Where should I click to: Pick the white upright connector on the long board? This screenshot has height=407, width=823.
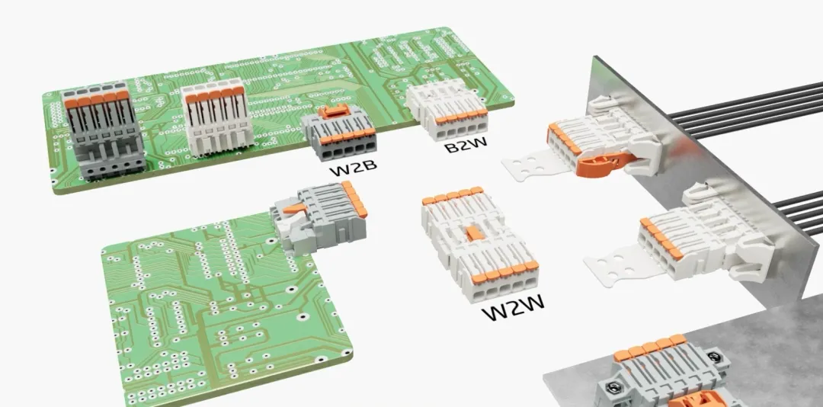coord(217,117)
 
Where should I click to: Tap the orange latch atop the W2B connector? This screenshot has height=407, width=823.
coord(335,110)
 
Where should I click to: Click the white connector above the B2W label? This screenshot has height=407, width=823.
coord(447,109)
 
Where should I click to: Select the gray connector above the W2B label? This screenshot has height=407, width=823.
coord(338,133)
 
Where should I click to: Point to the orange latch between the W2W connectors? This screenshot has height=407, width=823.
coord(476,232)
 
